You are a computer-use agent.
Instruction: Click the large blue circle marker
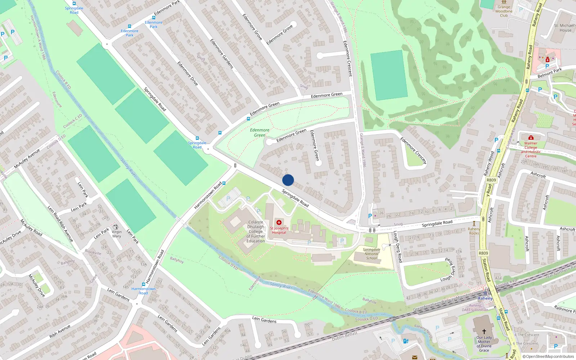[288, 180]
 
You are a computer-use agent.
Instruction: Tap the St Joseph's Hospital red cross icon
[279, 222]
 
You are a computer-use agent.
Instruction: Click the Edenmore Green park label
[260, 132]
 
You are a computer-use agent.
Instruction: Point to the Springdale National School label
[372, 254]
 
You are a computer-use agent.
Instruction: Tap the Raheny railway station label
[485, 298]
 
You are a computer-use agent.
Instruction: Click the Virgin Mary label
[117, 234]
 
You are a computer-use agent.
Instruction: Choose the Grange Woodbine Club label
[504, 11]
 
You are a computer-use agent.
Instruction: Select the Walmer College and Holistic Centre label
[531, 149]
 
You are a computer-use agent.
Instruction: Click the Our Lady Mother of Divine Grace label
[484, 344]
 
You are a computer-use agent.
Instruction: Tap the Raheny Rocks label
[474, 231]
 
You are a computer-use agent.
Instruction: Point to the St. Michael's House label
[565, 28]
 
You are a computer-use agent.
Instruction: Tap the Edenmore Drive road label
[188, 73]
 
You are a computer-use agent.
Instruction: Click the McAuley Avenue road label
[27, 158]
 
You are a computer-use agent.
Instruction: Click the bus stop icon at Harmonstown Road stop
[143, 284]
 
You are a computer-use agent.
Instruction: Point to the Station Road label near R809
[486, 270]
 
